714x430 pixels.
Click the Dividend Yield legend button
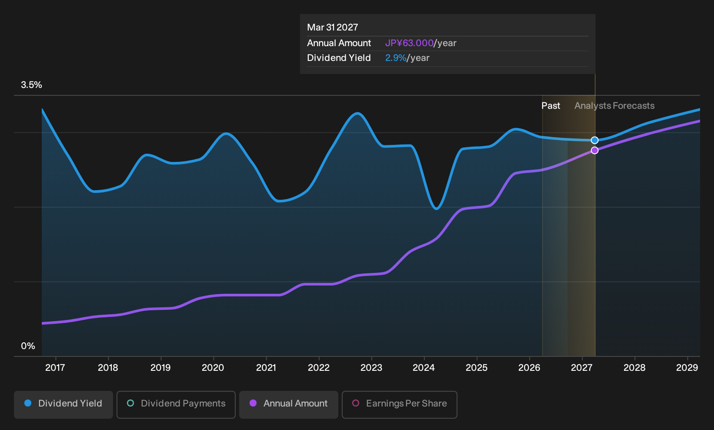point(63,404)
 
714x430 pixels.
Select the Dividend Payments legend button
point(176,404)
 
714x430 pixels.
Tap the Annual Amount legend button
point(288,404)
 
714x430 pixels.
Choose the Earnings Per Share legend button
point(399,404)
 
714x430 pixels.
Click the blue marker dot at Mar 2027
point(594,140)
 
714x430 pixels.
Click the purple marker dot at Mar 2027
point(594,150)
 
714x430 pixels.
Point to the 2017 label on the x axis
point(55,368)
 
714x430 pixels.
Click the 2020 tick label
point(213,368)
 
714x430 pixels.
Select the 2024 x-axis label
point(424,368)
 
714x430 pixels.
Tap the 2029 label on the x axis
point(687,368)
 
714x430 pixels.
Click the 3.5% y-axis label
point(31,85)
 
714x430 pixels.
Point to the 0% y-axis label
point(28,346)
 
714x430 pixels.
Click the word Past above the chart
point(551,106)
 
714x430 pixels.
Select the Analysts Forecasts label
point(614,106)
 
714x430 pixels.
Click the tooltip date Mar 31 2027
point(333,27)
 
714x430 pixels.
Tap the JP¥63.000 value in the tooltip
point(409,43)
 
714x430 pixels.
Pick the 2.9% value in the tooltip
point(396,58)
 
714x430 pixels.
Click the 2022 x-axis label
point(318,368)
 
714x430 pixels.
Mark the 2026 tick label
point(529,368)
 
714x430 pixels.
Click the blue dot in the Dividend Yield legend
point(28,403)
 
